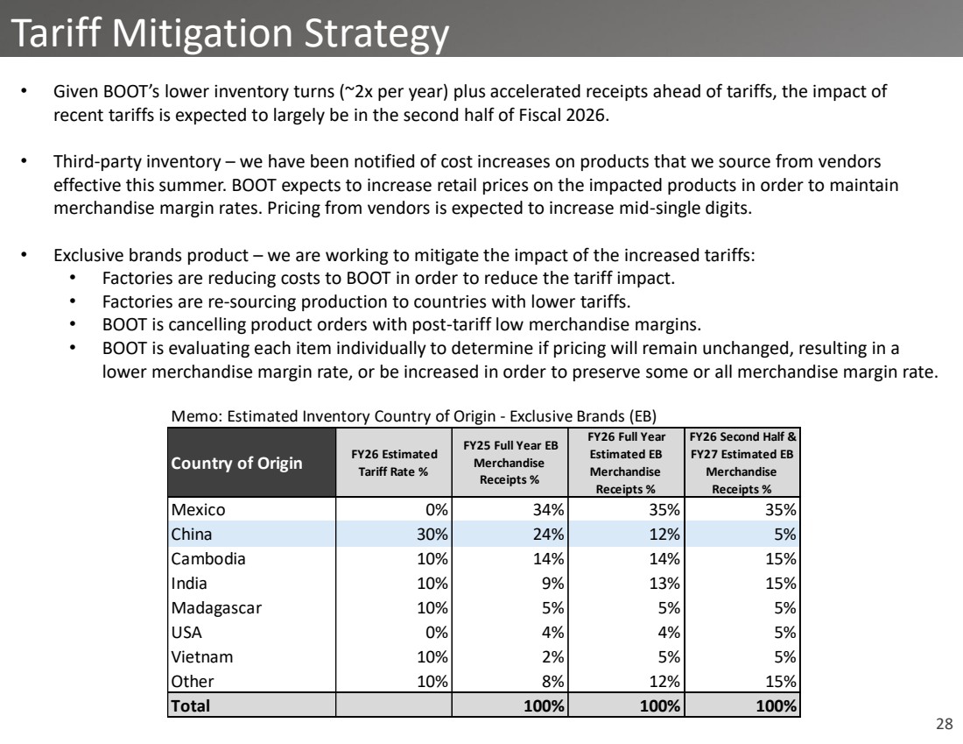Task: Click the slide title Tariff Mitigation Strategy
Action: [x=231, y=33]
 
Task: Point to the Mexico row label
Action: [x=197, y=509]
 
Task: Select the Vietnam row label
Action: [x=202, y=655]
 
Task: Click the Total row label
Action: [x=191, y=705]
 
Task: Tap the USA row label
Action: [x=186, y=631]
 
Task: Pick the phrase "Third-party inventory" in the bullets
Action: [x=124, y=162]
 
